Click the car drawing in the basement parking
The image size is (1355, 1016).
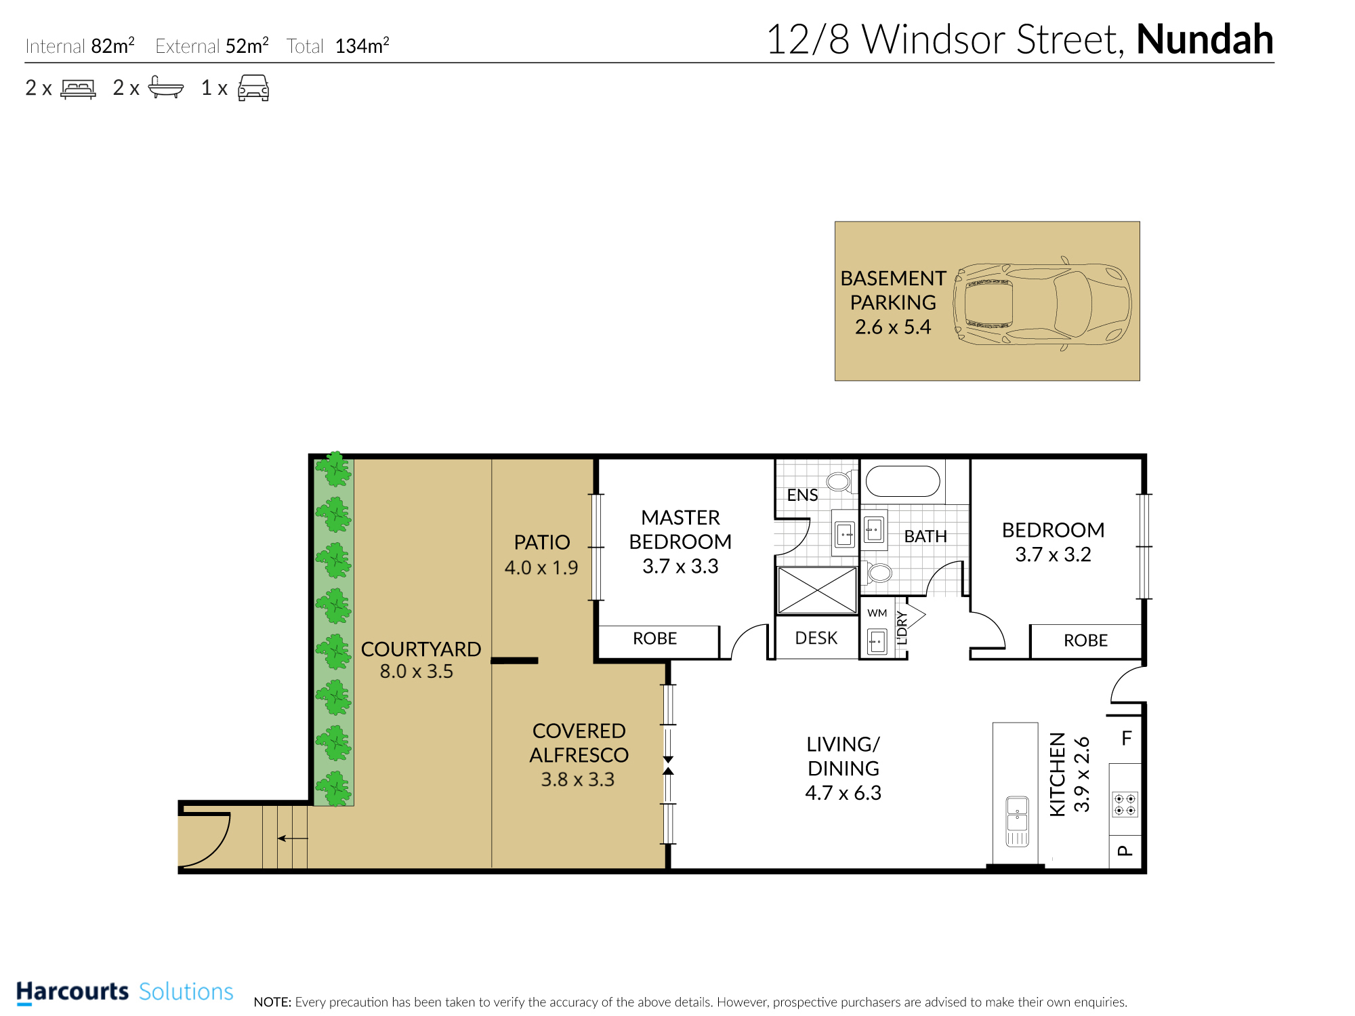[1042, 303]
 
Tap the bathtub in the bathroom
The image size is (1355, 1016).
[903, 481]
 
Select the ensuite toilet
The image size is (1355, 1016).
[841, 481]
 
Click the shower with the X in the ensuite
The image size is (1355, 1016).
[817, 590]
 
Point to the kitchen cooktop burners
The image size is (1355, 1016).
[1125, 805]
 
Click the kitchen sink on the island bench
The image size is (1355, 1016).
[1017, 821]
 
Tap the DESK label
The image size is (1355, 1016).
[816, 638]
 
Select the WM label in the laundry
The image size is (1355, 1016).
[877, 613]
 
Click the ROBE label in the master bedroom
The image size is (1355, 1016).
[654, 638]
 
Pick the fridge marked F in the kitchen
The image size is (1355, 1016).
[1126, 738]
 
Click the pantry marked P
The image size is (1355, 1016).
[1125, 851]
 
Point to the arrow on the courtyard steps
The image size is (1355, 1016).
[293, 838]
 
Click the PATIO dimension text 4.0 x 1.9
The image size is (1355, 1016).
[541, 567]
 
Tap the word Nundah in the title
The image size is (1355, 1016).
[1205, 39]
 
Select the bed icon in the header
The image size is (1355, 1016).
[78, 89]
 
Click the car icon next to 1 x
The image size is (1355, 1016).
[253, 88]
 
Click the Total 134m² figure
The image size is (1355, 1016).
[362, 45]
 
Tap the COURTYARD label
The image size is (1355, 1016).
[421, 649]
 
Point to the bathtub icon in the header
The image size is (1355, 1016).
[165, 87]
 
